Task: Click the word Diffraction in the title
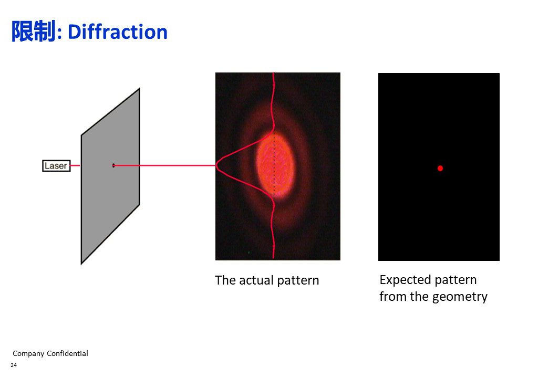118,32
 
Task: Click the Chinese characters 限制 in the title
33,31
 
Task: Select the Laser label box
56,166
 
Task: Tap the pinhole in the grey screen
113,166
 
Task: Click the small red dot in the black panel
440,168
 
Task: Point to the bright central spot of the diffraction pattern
275,165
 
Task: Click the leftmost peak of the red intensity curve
217,165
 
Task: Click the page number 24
14,365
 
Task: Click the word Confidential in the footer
67,353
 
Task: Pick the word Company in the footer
28,354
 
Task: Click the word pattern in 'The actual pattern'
298,280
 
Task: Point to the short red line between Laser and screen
75,166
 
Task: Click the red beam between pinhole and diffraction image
165,165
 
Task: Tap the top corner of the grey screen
139,89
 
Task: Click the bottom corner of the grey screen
81,264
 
